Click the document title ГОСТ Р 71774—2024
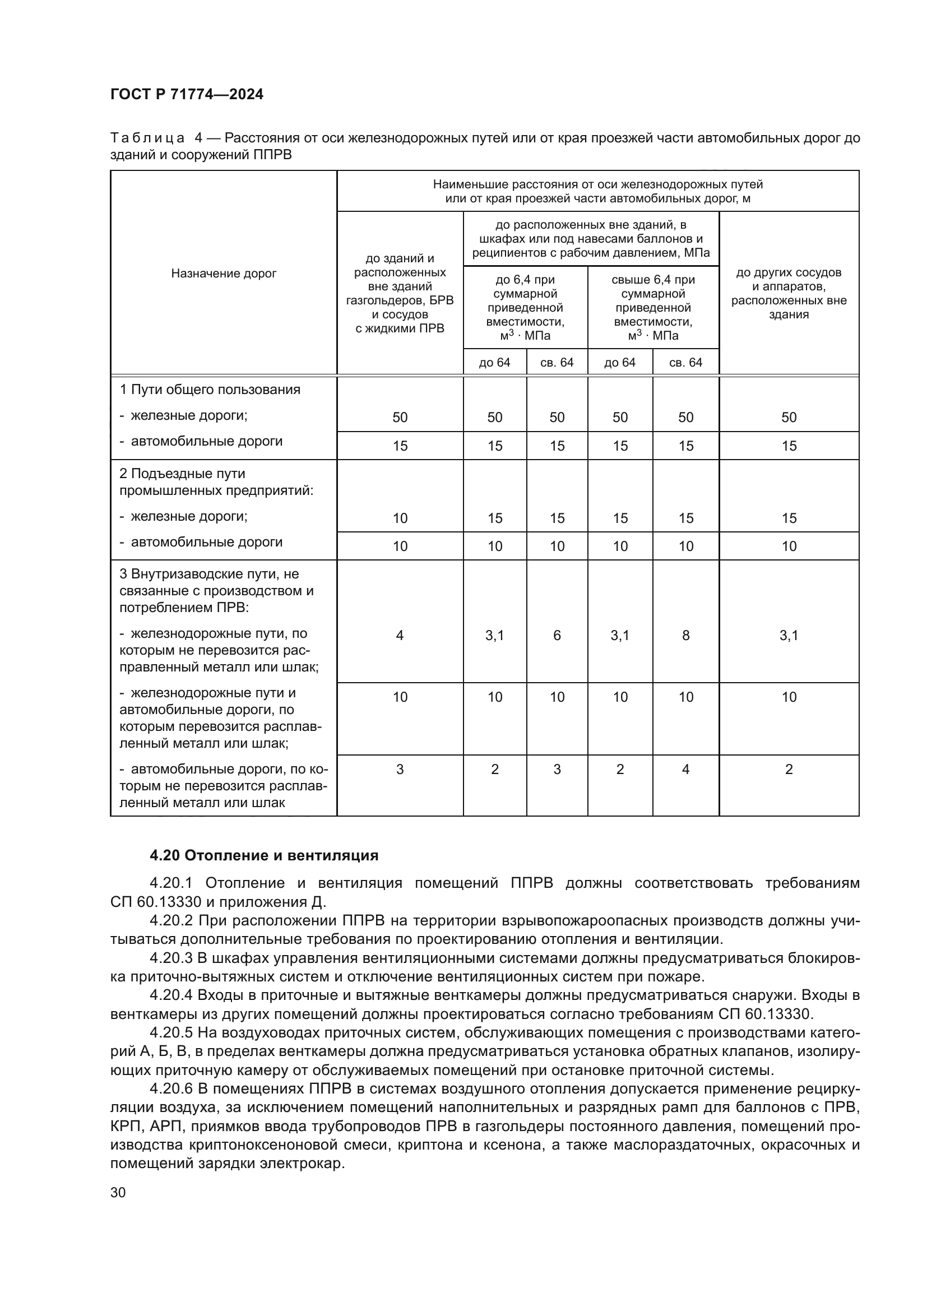point(187,95)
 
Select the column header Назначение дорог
point(223,274)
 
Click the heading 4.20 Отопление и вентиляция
point(264,855)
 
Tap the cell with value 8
point(685,636)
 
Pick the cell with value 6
point(557,636)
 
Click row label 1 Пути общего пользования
point(210,390)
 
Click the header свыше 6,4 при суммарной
point(653,286)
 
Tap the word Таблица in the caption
point(147,138)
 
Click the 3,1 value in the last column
point(789,636)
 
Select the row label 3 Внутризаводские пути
point(209,574)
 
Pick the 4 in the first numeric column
point(400,636)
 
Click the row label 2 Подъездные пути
point(182,474)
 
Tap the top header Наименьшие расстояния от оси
point(597,184)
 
